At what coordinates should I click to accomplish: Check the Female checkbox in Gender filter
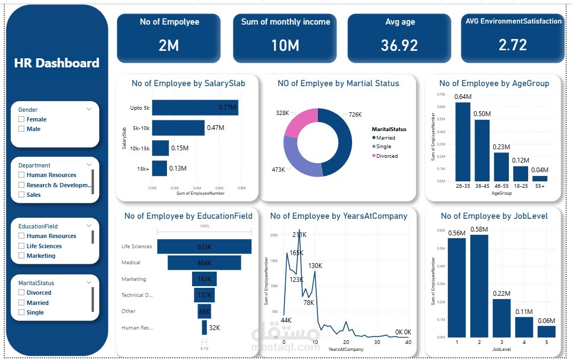[x=21, y=119]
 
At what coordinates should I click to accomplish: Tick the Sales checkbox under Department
[x=21, y=195]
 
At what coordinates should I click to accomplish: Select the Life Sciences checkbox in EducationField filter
[x=21, y=246]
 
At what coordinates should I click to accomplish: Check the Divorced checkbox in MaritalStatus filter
[x=21, y=293]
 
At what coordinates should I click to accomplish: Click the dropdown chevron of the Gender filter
[x=89, y=109]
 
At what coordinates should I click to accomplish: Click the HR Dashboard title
[x=57, y=63]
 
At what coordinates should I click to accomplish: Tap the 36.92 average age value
[x=399, y=45]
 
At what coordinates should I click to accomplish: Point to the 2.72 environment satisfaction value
[x=513, y=45]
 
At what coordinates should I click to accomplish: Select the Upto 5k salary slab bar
[x=195, y=108]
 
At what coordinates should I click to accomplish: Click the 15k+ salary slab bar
[x=159, y=168]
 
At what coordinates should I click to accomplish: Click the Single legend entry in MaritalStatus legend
[x=383, y=147]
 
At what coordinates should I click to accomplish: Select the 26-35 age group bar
[x=463, y=142]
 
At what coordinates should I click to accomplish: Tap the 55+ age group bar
[x=540, y=178]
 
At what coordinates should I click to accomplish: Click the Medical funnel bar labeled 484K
[x=204, y=263]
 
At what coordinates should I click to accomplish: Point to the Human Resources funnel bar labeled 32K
[x=204, y=327]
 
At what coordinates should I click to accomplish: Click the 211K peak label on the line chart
[x=300, y=234]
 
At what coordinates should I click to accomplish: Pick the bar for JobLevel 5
[x=546, y=332]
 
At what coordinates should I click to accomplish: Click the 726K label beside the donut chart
[x=355, y=114]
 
